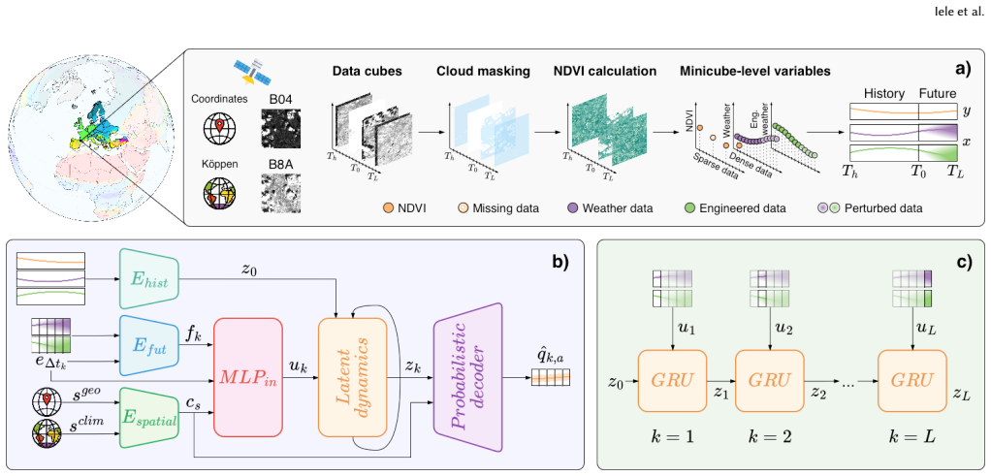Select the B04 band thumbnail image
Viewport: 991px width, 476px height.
[x=280, y=129]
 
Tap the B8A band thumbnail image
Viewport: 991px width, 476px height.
[x=280, y=194]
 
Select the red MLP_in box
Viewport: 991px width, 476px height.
[x=247, y=378]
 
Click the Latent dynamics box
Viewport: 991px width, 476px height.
[x=352, y=378]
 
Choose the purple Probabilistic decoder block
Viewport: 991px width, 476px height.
[x=467, y=378]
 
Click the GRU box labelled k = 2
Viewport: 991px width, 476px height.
[x=769, y=380]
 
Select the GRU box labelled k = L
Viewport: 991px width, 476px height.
[x=912, y=380]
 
